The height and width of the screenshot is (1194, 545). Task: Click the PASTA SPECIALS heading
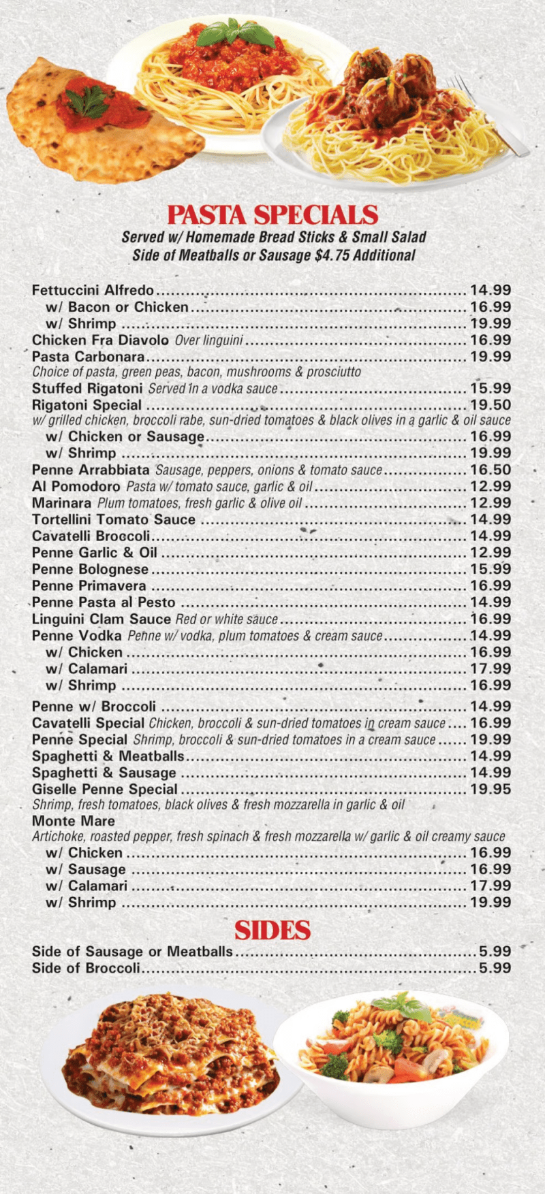point(272,215)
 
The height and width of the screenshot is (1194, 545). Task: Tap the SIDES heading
point(272,931)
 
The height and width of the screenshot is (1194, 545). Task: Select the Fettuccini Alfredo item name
point(93,291)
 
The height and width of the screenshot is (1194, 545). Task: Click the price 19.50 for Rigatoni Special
point(490,405)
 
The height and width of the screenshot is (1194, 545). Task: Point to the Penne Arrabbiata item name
point(91,470)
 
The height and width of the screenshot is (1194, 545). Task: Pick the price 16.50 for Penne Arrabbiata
point(490,470)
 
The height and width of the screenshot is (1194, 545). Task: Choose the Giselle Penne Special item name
point(105,790)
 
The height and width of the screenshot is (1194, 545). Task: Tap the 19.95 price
point(490,790)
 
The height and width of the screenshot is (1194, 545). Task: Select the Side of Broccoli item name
point(86,968)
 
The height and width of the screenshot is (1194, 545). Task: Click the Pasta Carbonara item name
point(89,357)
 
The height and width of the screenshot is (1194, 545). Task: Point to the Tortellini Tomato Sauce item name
point(114,519)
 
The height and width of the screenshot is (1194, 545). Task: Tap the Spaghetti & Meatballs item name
point(108,756)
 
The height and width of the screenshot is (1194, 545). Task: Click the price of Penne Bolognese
point(490,569)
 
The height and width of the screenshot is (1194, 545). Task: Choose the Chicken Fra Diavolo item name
point(100,340)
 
